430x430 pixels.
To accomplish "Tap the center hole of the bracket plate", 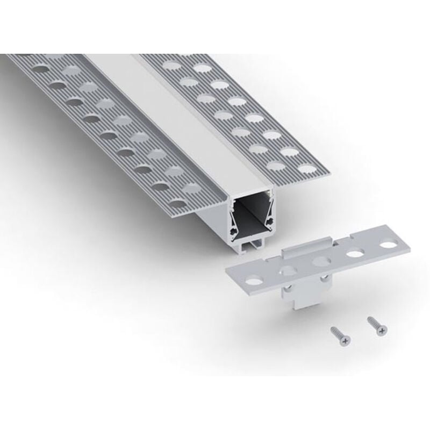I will (x=322, y=262).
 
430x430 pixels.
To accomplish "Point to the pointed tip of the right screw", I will (x=368, y=318).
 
